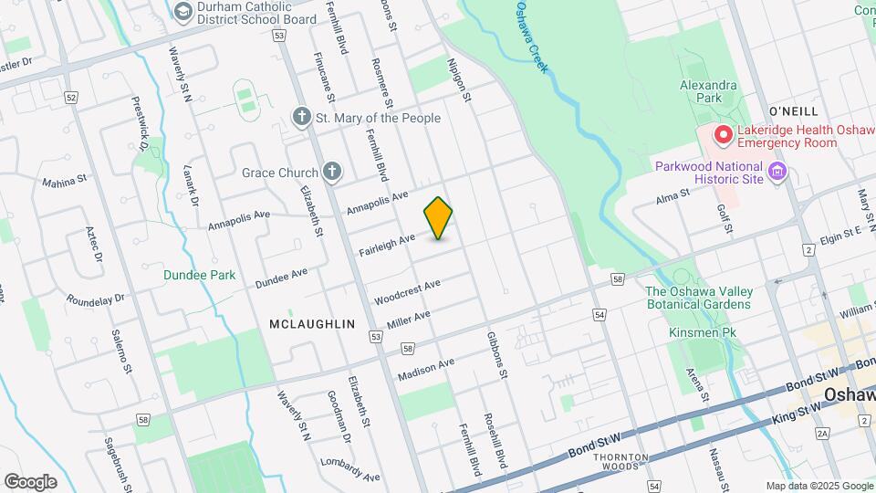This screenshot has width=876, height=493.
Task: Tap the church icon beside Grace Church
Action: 333,172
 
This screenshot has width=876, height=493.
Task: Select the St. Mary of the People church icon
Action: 302,117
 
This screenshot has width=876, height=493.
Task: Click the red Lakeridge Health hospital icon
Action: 724,136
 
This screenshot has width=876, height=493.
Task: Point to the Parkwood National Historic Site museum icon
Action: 777,172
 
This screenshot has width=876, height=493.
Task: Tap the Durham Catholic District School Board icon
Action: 182,10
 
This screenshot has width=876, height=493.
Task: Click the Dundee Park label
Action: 200,275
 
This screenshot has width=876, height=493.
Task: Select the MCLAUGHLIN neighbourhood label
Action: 312,324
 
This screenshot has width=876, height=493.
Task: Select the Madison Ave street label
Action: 425,370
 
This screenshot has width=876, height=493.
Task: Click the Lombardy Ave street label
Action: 349,469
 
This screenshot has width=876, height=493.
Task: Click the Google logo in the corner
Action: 30,481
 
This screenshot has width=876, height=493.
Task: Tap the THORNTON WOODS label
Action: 620,462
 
